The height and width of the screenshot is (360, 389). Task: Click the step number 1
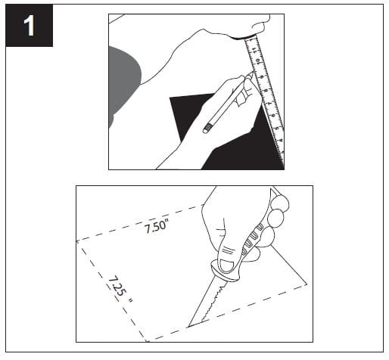tap(29, 25)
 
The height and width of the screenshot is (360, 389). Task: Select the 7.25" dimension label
tap(120, 290)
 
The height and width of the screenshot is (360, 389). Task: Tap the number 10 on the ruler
tap(258, 62)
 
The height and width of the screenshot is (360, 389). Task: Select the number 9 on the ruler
tap(262, 77)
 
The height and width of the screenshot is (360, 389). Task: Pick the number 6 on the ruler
tap(273, 115)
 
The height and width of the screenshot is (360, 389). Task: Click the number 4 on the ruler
tap(281, 141)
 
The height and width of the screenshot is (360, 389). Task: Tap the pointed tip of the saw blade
tap(188, 327)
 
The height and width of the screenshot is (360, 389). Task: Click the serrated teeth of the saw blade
tap(212, 303)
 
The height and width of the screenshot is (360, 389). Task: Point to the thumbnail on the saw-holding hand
tap(227, 266)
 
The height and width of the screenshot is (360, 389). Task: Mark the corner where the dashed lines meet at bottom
tap(147, 341)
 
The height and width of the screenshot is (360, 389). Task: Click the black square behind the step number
tap(30, 26)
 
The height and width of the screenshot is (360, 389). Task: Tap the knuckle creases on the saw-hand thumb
tap(228, 250)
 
